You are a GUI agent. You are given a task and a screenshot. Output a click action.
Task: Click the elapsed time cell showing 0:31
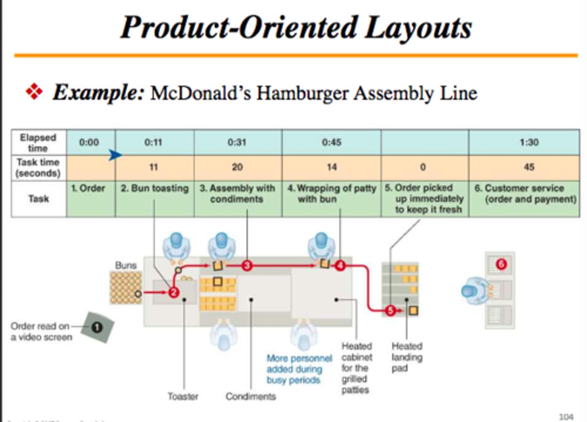237,142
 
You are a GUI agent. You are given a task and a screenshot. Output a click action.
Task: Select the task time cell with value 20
237,167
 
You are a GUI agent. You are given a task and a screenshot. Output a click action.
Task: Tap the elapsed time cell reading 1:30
529,142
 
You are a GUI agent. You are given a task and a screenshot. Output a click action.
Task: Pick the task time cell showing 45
529,167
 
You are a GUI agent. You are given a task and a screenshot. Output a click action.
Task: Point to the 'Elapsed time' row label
38,143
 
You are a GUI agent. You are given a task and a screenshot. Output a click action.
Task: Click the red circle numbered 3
247,266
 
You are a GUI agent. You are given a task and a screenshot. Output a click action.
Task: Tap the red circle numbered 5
390,311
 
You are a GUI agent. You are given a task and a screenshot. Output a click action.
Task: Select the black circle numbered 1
97,327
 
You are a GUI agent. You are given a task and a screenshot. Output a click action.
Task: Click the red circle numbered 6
501,264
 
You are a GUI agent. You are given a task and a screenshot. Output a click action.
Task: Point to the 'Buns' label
126,265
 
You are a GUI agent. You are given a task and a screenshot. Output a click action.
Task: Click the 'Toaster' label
183,396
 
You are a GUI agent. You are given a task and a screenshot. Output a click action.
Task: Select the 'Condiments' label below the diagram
251,396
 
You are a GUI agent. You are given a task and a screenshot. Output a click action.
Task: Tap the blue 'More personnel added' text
299,369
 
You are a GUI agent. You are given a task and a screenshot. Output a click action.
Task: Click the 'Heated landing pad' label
406,357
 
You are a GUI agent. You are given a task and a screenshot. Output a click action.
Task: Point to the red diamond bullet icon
34,91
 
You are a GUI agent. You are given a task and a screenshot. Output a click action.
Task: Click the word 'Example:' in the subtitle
98,92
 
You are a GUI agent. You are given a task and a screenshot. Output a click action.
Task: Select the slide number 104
566,417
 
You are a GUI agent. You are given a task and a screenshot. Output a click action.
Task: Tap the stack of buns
126,288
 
